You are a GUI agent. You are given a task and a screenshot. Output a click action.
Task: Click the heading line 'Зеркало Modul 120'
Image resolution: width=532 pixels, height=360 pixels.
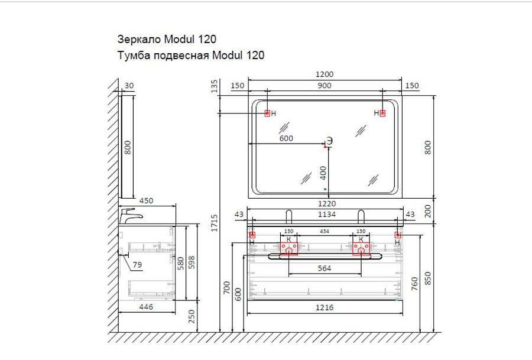click(168, 39)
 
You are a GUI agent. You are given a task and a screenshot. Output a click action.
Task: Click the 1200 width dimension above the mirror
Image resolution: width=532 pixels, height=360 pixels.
click(325, 74)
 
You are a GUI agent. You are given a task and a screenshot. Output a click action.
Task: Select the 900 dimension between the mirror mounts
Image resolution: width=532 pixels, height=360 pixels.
click(325, 86)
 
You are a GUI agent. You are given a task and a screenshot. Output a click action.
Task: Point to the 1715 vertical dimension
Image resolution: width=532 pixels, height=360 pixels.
click(215, 223)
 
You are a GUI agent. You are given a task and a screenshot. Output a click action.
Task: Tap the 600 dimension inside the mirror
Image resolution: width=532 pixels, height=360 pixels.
click(286, 138)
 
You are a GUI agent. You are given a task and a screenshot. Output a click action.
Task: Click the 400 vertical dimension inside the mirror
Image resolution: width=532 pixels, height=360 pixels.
click(323, 173)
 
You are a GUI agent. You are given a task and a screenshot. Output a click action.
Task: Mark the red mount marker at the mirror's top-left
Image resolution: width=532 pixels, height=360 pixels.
click(267, 113)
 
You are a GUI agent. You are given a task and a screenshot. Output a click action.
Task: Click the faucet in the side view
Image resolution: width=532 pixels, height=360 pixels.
click(130, 216)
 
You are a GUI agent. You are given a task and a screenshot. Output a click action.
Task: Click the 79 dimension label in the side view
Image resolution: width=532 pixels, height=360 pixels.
click(137, 265)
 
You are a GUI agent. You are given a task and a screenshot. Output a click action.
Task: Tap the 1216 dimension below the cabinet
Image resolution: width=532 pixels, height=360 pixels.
click(324, 307)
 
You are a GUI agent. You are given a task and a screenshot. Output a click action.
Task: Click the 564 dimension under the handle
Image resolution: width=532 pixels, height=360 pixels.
click(325, 268)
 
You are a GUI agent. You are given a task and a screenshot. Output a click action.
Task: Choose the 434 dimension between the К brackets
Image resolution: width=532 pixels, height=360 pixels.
click(325, 231)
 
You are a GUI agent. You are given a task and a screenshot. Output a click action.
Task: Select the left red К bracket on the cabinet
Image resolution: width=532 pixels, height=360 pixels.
click(288, 247)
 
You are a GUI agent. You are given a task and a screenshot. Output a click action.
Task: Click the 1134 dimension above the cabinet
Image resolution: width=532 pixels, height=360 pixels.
click(325, 215)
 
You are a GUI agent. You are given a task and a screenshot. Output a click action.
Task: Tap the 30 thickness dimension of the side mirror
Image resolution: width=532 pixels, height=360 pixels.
click(129, 86)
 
